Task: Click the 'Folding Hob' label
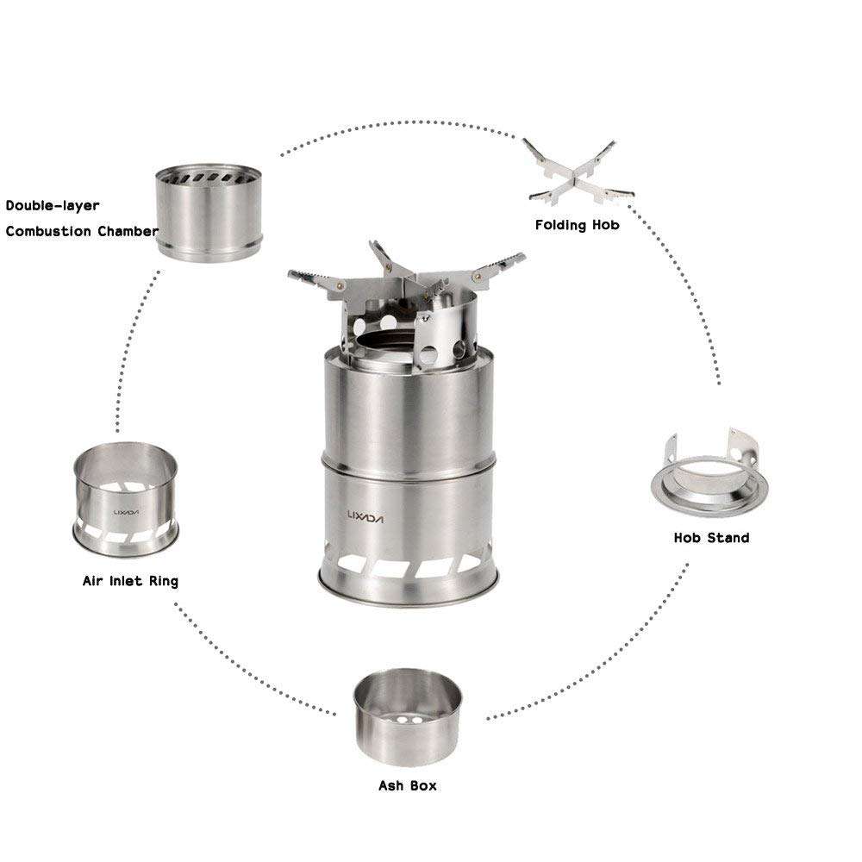(x=577, y=225)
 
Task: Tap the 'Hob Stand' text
(x=711, y=538)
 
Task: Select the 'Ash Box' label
(x=408, y=785)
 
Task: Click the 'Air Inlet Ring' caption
(x=130, y=581)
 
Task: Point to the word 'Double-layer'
(x=53, y=206)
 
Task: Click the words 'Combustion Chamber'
(x=82, y=231)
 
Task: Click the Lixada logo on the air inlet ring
(x=126, y=511)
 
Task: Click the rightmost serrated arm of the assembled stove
(x=503, y=264)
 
